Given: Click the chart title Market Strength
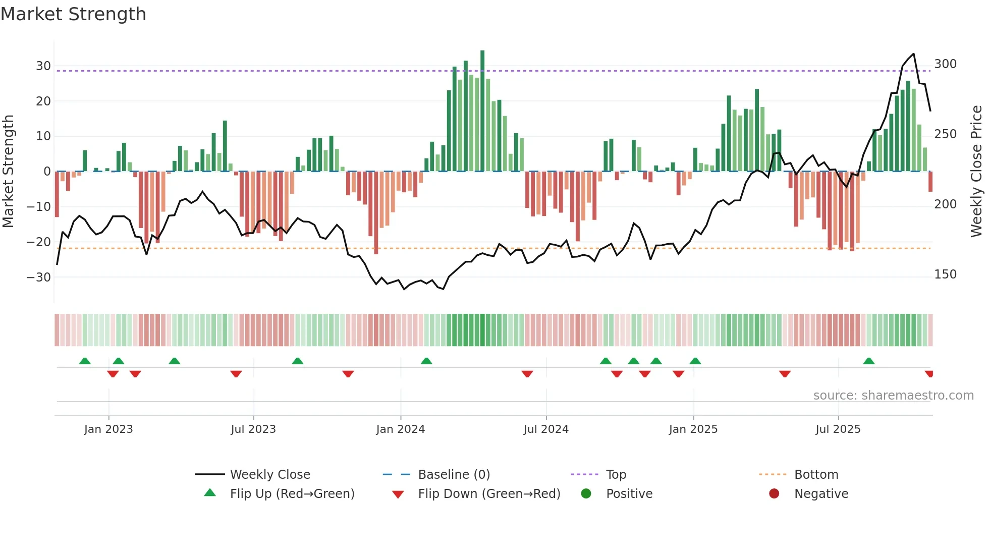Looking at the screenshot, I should pos(73,14).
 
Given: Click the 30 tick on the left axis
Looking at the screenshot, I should pos(43,66).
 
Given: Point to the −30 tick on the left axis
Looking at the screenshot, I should pos(39,277).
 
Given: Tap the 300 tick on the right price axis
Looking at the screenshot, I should pos(945,64).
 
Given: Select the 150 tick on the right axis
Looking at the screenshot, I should pos(945,274).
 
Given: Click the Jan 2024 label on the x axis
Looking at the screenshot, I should pos(400,429).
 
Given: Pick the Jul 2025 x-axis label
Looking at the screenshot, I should pos(838,429).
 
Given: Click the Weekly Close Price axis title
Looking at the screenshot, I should pos(976,172).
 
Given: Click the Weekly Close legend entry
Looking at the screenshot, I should pos(269,475).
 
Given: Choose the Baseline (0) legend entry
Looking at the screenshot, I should pos(454,475).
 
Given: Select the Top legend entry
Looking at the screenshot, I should pos(616,475).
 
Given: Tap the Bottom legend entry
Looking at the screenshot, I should pos(816,475).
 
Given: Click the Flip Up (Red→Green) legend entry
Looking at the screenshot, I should pos(292,494).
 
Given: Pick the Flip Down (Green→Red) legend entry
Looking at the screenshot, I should pos(488,494).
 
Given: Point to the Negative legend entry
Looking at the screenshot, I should pos(821,494).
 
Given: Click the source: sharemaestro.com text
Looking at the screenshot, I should pos(893,396).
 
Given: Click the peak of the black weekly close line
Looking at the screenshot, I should pos(913,54).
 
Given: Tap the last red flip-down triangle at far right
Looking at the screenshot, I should pos(929,374).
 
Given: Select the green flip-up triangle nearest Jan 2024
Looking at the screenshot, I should pos(426,361).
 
